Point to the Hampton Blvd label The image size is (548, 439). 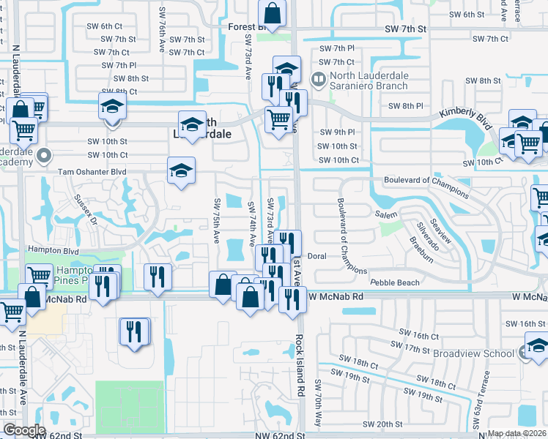[x=53, y=249]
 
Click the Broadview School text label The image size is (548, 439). [x=473, y=353]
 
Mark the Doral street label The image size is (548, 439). [x=316, y=256]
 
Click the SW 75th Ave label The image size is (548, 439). [x=217, y=219]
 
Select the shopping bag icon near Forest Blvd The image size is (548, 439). [x=272, y=13]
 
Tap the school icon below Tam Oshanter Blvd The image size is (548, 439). [x=181, y=171]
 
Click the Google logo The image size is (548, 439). [x=24, y=429]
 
